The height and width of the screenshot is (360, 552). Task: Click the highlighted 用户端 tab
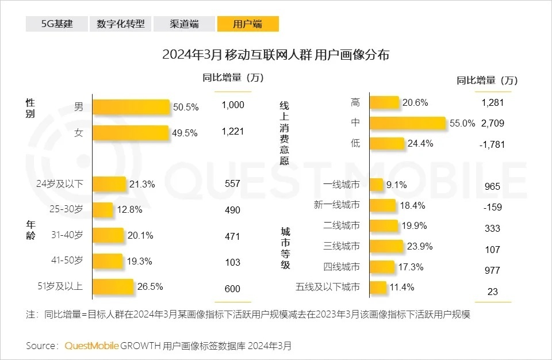coord(248,24)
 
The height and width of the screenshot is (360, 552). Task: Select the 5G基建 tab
coord(57,24)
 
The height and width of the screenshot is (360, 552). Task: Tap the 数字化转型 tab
coord(120,24)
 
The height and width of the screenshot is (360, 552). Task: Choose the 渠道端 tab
coord(185,24)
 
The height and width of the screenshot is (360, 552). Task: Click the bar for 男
coord(131,107)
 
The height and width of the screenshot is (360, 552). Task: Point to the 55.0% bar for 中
coord(407,123)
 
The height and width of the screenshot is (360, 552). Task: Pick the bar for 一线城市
coord(376,185)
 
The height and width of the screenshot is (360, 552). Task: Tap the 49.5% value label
coord(185,133)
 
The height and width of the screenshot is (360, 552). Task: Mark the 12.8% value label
coord(129,209)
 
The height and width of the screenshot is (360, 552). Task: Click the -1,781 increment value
coord(492,144)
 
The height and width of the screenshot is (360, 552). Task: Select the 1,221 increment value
coord(233,132)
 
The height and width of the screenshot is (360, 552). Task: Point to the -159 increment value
coord(492,206)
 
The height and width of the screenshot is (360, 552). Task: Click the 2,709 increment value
coord(492,123)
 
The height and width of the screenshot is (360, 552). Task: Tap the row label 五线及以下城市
coord(328,287)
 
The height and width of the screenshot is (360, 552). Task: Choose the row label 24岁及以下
coord(60,184)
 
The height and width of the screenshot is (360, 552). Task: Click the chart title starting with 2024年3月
coord(275,55)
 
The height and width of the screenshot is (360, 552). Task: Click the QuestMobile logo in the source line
coord(92,346)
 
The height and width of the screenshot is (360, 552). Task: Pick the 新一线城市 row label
coord(336,205)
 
